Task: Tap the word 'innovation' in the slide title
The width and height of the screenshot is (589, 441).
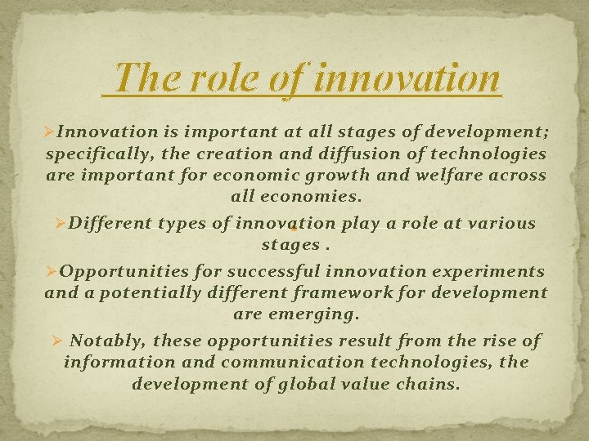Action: [407, 78]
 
